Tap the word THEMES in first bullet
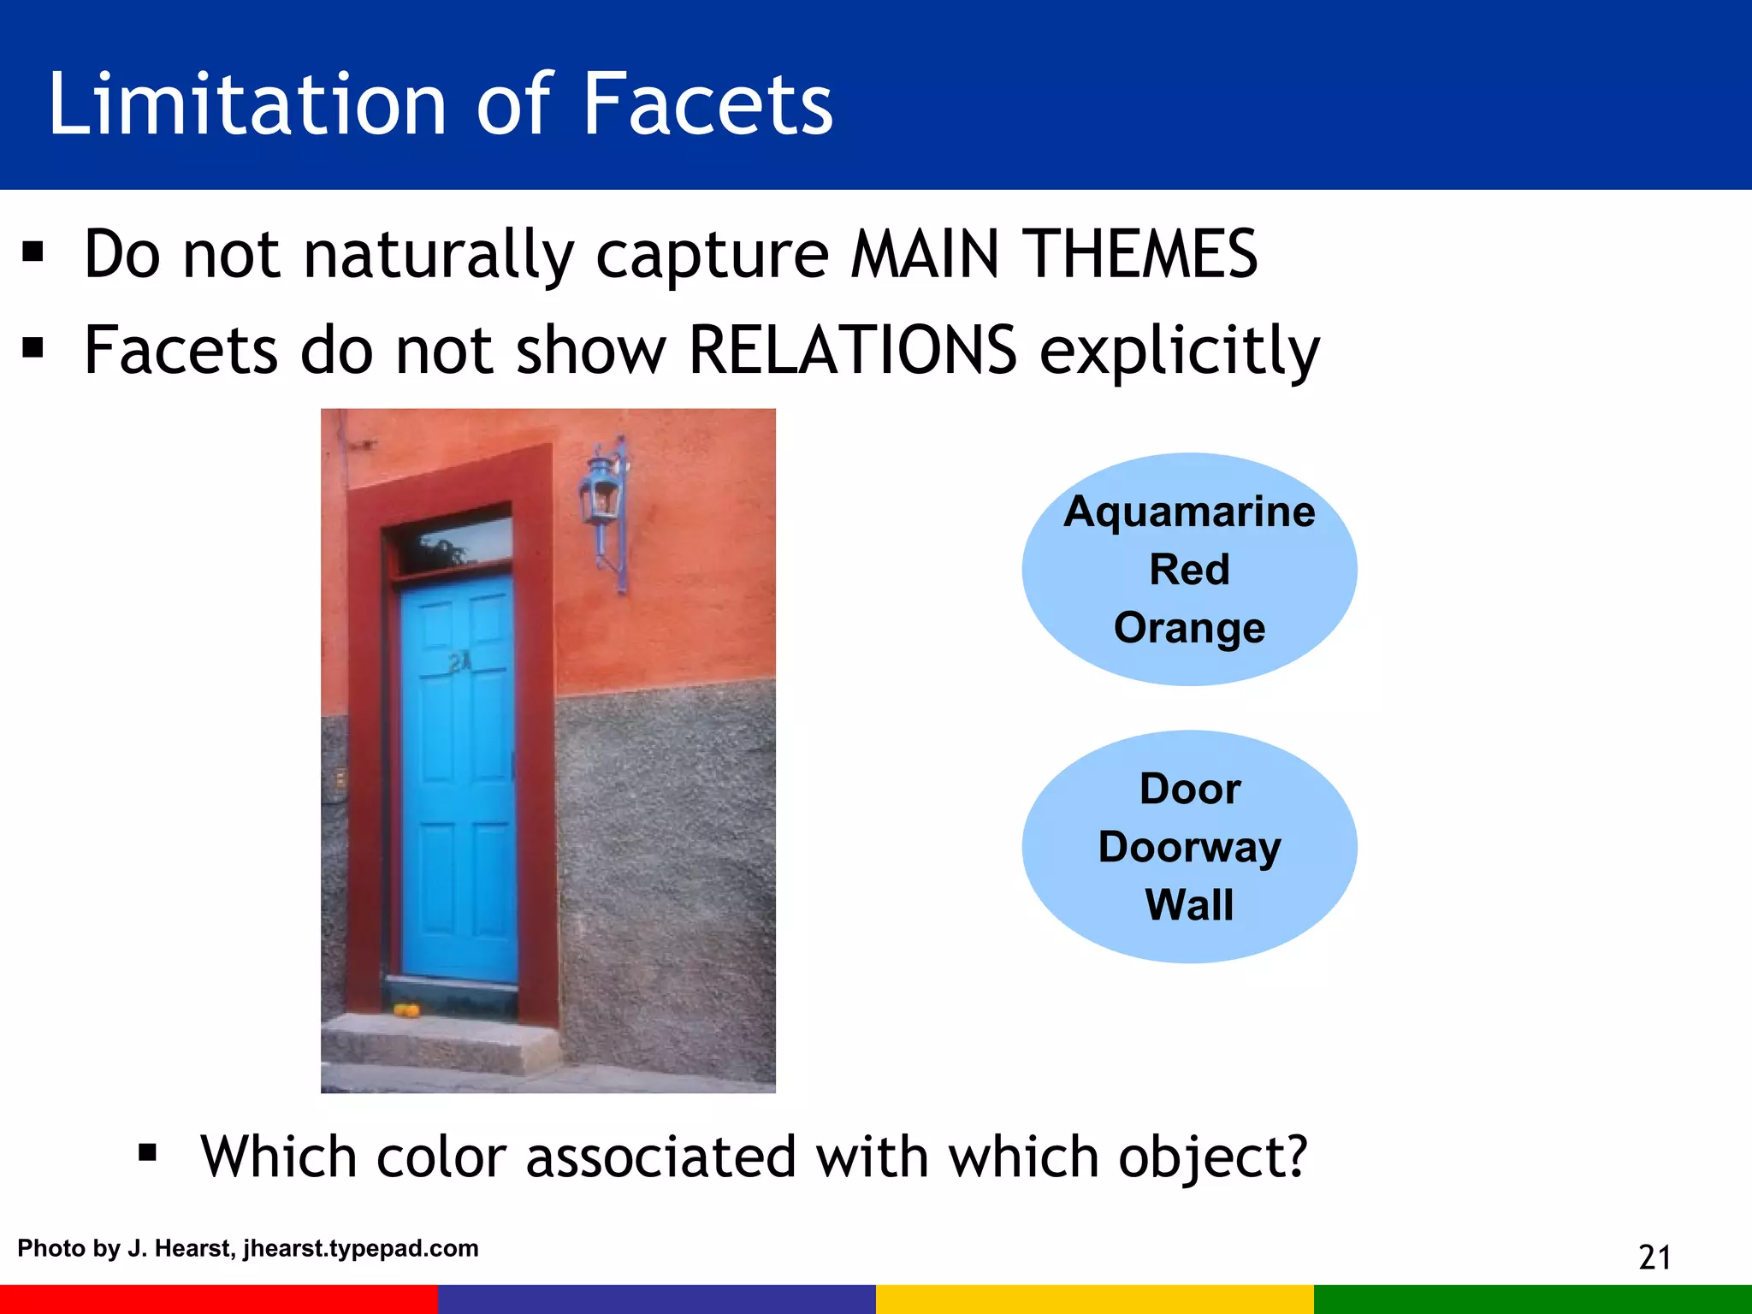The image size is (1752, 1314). [x=1143, y=254]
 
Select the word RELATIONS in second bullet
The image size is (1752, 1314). [x=852, y=350]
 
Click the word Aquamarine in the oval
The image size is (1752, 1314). [x=1189, y=512]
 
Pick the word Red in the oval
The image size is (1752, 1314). [x=1189, y=570]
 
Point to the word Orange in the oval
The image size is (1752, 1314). [x=1189, y=628]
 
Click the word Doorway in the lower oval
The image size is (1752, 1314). [x=1189, y=847]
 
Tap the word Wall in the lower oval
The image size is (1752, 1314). [x=1189, y=905]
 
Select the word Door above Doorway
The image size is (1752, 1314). [x=1189, y=789]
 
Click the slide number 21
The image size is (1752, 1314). [x=1654, y=1258]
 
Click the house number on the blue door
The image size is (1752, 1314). [x=459, y=661]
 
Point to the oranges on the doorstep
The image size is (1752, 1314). [x=406, y=1011]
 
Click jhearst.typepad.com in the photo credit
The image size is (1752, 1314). [x=360, y=1248]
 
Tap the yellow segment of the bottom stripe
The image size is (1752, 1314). [x=1094, y=1299]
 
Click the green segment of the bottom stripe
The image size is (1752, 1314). [x=1532, y=1299]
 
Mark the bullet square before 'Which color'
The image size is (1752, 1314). [x=147, y=1153]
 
